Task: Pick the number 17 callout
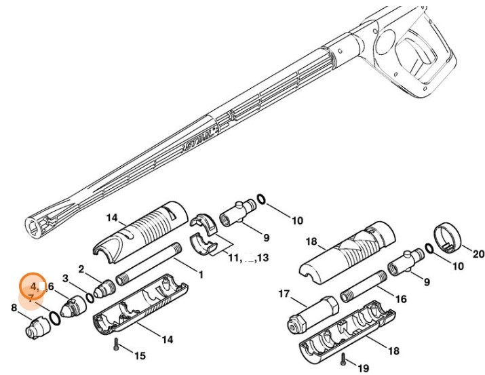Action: point(284,294)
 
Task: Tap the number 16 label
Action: point(401,299)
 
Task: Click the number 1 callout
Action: point(200,273)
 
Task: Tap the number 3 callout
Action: point(66,278)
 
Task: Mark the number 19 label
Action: point(364,368)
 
